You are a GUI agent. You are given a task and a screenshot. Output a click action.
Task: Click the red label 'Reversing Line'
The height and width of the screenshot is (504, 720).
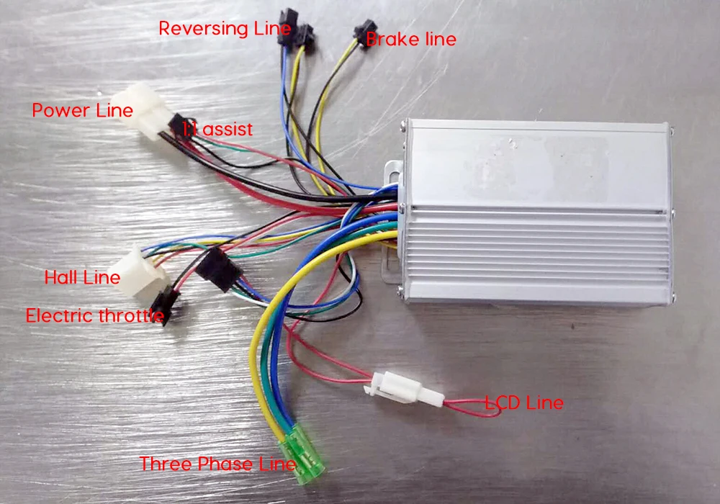click(x=224, y=29)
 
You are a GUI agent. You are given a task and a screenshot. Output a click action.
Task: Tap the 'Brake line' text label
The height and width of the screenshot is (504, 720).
click(x=411, y=40)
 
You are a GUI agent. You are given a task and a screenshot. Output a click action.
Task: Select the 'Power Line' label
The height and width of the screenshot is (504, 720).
click(x=82, y=111)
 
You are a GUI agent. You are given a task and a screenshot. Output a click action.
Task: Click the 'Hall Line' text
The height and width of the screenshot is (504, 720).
click(x=82, y=277)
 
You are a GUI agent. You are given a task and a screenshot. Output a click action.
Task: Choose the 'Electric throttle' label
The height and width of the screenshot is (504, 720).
click(x=94, y=315)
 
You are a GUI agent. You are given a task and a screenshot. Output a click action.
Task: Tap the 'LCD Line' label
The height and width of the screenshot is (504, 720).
click(x=523, y=402)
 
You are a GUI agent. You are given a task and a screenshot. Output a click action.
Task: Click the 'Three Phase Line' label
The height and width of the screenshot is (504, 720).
click(x=217, y=464)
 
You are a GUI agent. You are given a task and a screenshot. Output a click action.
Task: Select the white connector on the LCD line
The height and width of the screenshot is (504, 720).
click(x=398, y=390)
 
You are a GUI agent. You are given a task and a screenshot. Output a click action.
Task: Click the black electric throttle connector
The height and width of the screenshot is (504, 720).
click(x=165, y=304)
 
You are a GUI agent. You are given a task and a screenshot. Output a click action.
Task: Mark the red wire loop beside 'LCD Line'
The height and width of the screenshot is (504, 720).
click(x=467, y=405)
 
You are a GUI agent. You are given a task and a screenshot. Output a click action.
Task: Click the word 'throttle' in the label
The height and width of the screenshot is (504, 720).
click(x=131, y=315)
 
